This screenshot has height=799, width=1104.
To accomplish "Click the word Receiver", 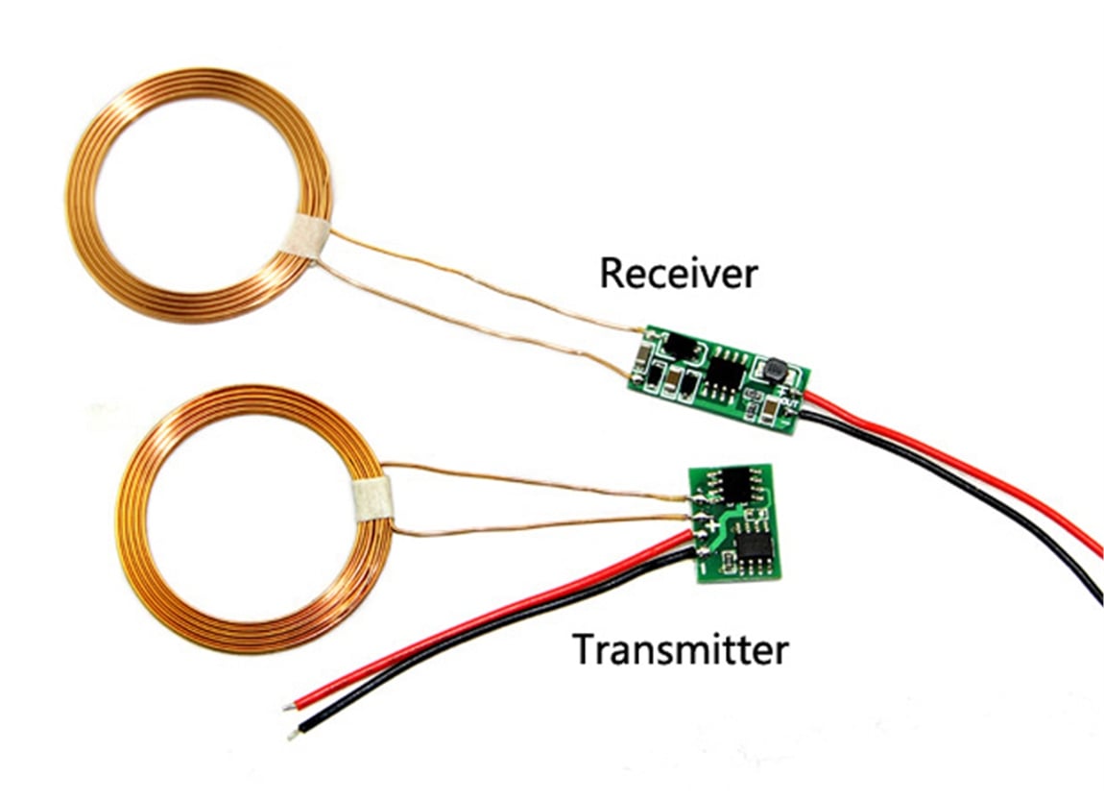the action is tap(678, 274).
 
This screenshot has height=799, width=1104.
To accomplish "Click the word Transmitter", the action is tap(680, 649).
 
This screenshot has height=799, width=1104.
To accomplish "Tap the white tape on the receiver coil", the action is tap(306, 236).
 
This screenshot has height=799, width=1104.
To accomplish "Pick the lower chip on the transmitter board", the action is tap(756, 545).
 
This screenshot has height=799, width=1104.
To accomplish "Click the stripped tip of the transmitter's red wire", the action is tap(289, 706).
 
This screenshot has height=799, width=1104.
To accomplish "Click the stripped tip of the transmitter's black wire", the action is tap(293, 735).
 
